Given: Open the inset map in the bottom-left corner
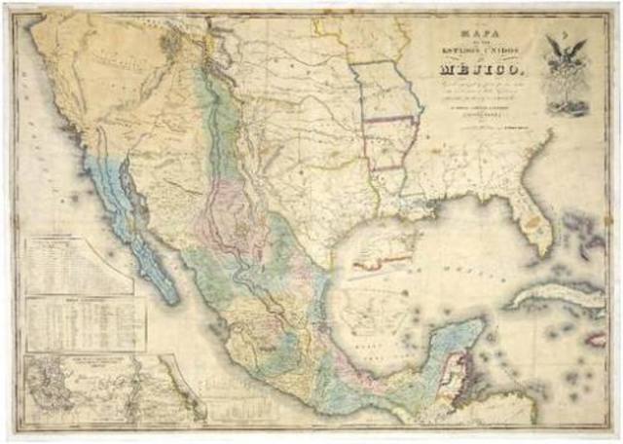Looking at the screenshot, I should coord(97,389).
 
